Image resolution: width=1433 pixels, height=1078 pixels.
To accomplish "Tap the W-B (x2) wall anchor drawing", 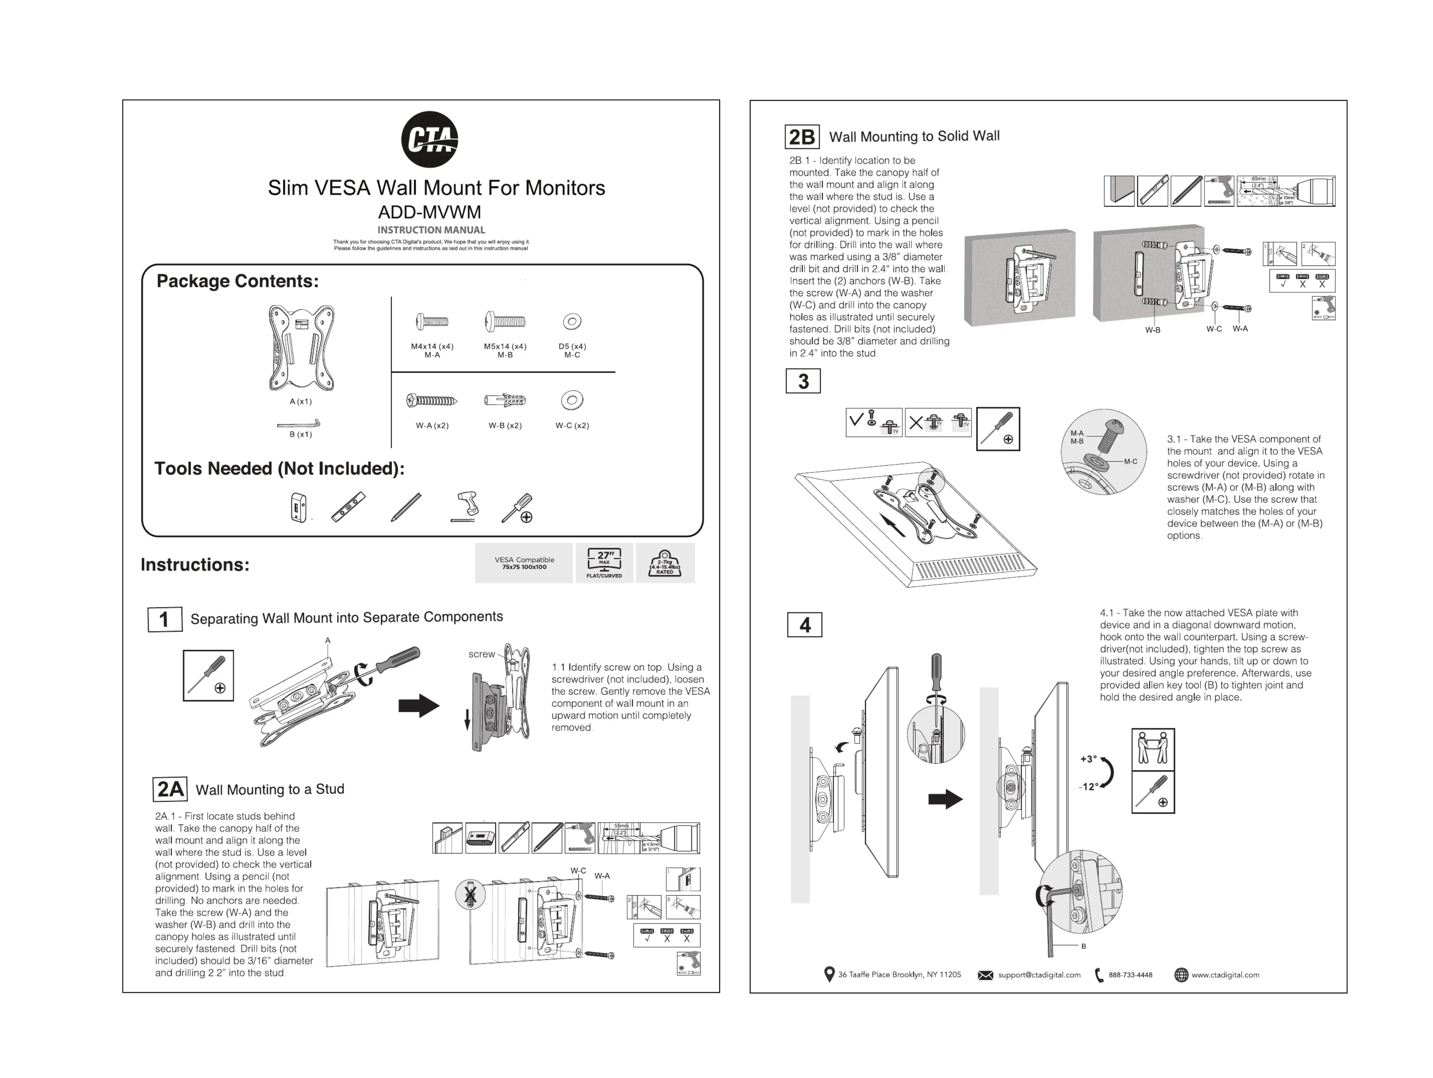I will (x=505, y=401).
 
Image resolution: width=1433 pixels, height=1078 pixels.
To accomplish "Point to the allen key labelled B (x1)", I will (x=299, y=425).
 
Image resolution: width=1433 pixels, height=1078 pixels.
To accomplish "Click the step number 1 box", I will (x=165, y=620).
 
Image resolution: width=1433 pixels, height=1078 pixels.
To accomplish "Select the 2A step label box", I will (x=170, y=789).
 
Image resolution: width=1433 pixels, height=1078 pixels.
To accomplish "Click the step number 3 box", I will (x=803, y=381).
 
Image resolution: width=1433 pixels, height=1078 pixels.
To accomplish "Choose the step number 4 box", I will (x=805, y=625).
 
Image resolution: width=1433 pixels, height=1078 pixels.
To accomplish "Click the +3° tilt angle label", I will (x=1088, y=759).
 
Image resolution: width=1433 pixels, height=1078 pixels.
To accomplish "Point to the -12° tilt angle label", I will (x=1088, y=787).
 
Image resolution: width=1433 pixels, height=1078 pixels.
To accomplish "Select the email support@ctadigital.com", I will (x=1038, y=975).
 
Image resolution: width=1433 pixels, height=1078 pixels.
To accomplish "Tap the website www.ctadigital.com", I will (x=1225, y=975).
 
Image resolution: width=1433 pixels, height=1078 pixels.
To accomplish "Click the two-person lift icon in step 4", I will (x=1153, y=749).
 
